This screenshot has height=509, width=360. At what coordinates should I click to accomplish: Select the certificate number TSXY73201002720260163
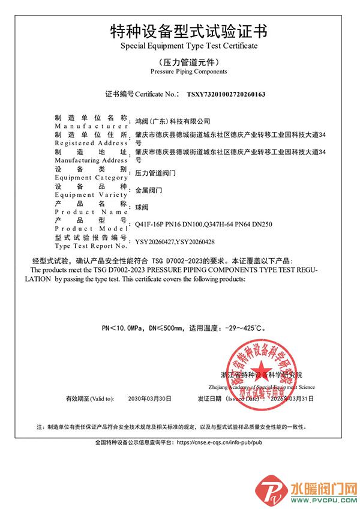pos(226,94)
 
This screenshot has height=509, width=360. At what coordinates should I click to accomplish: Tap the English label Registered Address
pos(91,143)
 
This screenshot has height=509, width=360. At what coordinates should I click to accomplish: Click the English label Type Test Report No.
pos(91,246)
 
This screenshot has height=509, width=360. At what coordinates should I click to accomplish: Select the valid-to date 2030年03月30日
pos(150,399)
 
